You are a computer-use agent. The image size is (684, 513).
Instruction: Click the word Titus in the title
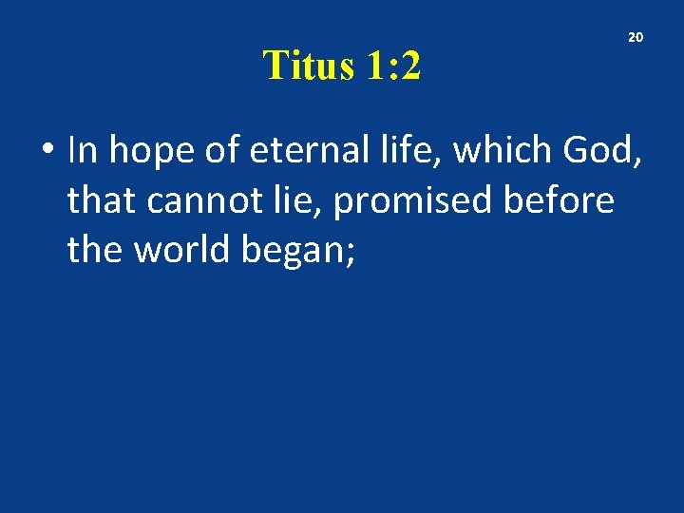[x=302, y=66]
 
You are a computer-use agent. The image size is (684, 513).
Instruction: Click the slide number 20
[x=636, y=37]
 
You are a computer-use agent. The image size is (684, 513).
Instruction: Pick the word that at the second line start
[x=100, y=200]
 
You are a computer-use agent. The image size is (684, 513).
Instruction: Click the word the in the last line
[x=95, y=250]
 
